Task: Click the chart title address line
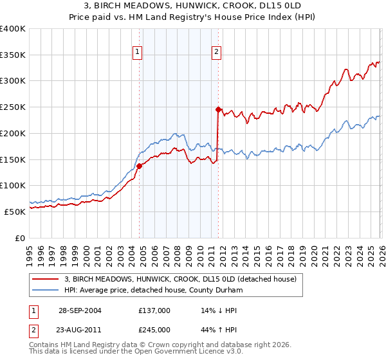click(193, 6)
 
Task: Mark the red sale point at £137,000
click(139, 166)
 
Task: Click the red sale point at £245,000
click(218, 110)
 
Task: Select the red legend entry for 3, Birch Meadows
click(180, 279)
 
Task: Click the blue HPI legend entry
click(161, 290)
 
